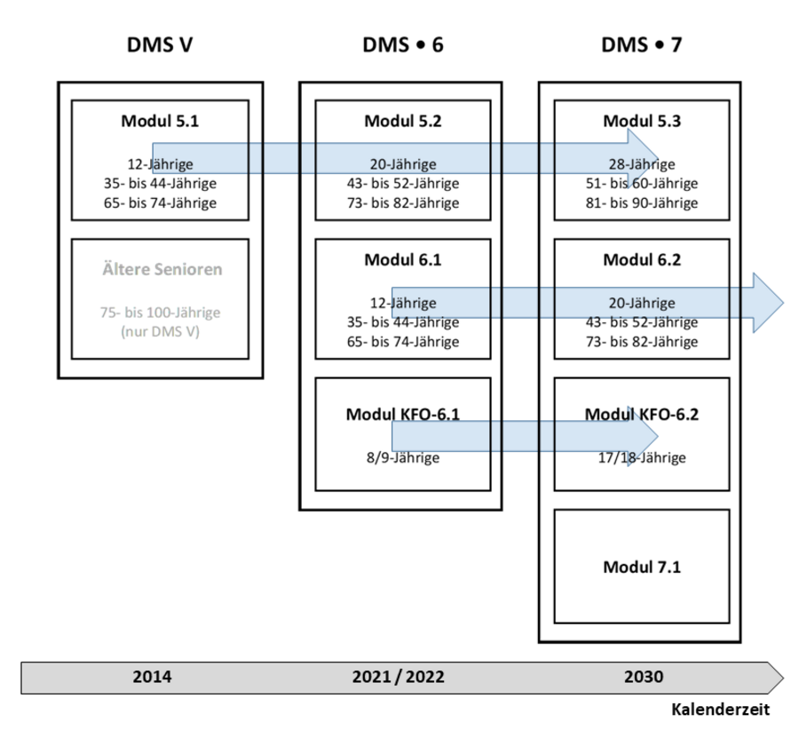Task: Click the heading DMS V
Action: pyautogui.click(x=160, y=45)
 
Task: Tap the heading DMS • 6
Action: pyautogui.click(x=402, y=45)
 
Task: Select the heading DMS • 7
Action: pyautogui.click(x=641, y=45)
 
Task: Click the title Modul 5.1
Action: pyautogui.click(x=160, y=121)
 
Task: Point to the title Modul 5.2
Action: pyautogui.click(x=402, y=121)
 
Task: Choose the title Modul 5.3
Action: pyautogui.click(x=642, y=121)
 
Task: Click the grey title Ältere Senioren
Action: pyautogui.click(x=162, y=269)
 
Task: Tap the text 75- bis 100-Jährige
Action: pyautogui.click(x=160, y=312)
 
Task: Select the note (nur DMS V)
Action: pyautogui.click(x=160, y=332)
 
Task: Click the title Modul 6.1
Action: pyautogui.click(x=402, y=259)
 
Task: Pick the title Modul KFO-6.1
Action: pyautogui.click(x=402, y=414)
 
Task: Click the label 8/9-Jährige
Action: pyautogui.click(x=402, y=457)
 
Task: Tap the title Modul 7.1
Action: pyautogui.click(x=642, y=567)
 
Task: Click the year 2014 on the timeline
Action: pyautogui.click(x=152, y=677)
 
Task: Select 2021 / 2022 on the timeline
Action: pyautogui.click(x=398, y=677)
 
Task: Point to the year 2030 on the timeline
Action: pyautogui.click(x=644, y=677)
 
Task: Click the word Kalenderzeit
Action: pyautogui.click(x=720, y=709)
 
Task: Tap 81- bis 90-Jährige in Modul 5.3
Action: pyautogui.click(x=642, y=202)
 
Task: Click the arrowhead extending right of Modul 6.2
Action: pyautogui.click(x=769, y=304)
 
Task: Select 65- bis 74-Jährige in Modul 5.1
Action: pyautogui.click(x=160, y=202)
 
